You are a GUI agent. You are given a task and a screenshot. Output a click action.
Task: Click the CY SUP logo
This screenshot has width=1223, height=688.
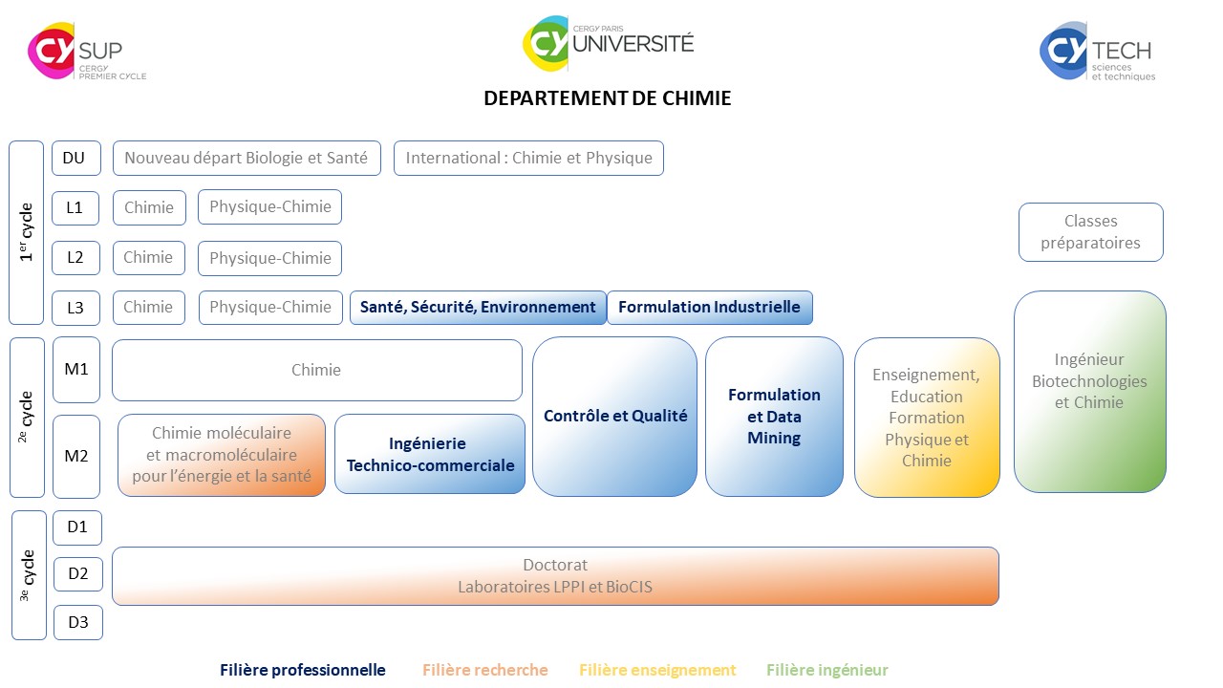[x=87, y=52]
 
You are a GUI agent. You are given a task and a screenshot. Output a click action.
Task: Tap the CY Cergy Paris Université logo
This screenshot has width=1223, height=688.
[x=609, y=43]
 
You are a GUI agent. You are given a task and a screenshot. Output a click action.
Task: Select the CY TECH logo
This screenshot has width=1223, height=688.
[x=1097, y=52]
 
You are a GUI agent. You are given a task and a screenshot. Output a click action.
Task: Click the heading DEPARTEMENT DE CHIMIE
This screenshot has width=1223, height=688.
[x=608, y=98]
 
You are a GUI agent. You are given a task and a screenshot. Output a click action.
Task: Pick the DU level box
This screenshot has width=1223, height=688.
[x=75, y=158]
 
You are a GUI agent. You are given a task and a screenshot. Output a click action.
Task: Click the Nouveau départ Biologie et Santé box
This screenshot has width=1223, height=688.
[x=247, y=159]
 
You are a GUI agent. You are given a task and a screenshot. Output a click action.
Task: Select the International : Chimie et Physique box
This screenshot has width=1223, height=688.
[x=528, y=159]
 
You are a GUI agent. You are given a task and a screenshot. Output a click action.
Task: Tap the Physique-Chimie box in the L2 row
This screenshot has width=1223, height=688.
[x=269, y=258]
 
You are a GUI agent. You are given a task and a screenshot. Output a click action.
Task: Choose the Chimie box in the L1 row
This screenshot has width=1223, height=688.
[x=149, y=207]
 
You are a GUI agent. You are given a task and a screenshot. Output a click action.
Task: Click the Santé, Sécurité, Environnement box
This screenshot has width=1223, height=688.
[x=478, y=308]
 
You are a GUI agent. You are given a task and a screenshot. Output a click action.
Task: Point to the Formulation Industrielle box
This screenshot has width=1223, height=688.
[x=709, y=308]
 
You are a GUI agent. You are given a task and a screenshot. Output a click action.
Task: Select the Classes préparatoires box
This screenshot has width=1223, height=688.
[x=1090, y=231]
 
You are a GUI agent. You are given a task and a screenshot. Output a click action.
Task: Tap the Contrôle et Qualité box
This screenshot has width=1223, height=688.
[x=614, y=416]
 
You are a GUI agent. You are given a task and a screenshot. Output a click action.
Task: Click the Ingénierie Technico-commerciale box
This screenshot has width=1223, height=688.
[x=429, y=454]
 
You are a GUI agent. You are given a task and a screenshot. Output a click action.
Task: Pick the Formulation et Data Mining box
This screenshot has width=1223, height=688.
[x=774, y=416]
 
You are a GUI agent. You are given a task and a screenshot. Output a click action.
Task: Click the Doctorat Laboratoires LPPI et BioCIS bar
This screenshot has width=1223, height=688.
[x=554, y=576]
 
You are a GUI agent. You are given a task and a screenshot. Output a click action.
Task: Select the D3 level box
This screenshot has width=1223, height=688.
[x=77, y=623]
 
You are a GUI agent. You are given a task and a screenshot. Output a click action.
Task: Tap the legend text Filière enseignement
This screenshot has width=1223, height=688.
[x=657, y=670]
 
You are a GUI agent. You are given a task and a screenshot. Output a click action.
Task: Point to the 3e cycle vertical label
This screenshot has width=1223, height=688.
[x=29, y=575]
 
